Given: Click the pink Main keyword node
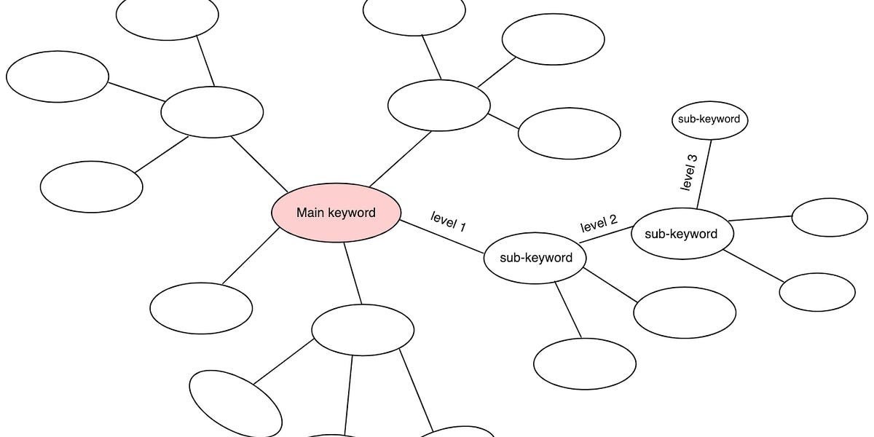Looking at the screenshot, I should coord(336,213).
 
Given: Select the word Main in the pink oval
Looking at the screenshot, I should coord(309,213).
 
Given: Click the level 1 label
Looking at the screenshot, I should coord(448,221).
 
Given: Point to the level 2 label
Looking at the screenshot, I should coord(599,224).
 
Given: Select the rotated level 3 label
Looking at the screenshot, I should coord(688,172).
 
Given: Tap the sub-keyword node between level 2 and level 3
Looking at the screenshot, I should coord(682,234).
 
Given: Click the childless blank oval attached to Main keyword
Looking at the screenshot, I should coord(201,307).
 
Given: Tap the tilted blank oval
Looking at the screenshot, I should coord(235,403).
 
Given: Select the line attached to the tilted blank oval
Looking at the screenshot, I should coord(284,362).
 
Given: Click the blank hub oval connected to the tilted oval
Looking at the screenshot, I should coord(363,330).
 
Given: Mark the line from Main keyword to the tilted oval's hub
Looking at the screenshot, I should coord(353,274).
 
